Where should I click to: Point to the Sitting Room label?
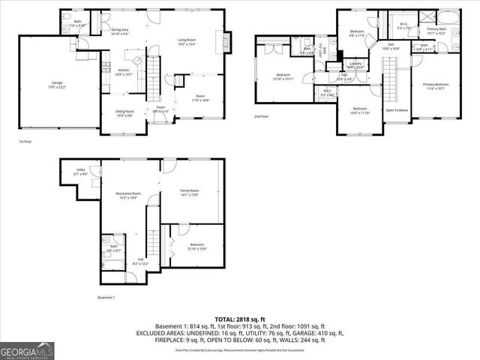124,113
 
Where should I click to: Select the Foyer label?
160,109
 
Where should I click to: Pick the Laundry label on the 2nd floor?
355,64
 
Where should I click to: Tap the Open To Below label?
397,109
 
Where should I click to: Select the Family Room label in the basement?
189,192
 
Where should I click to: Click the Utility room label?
81,172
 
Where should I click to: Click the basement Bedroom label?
196,247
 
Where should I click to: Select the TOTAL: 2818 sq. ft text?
240,319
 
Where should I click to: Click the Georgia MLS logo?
25,349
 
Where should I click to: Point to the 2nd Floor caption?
262,117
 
